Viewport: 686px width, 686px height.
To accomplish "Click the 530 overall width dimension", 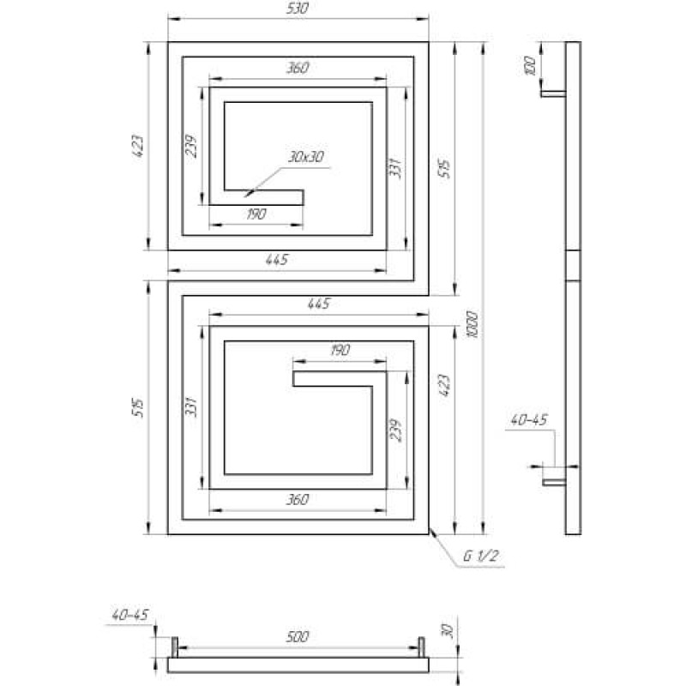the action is pyautogui.click(x=298, y=9).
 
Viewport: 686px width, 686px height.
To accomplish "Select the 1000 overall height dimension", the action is pyautogui.click(x=472, y=325).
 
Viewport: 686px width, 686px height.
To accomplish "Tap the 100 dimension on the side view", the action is pyautogui.click(x=529, y=66).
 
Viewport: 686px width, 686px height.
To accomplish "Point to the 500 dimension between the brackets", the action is pyautogui.click(x=298, y=636).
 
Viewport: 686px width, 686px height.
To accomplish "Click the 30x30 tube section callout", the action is pyautogui.click(x=306, y=157).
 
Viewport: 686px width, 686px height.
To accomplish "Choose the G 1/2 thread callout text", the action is pyautogui.click(x=481, y=556).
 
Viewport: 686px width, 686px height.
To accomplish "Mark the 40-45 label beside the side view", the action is pyautogui.click(x=529, y=420).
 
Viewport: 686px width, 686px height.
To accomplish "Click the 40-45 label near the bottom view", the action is pyautogui.click(x=130, y=615).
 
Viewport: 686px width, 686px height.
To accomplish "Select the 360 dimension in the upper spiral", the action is pyautogui.click(x=298, y=68).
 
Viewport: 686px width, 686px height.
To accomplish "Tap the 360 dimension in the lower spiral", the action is pyautogui.click(x=298, y=499).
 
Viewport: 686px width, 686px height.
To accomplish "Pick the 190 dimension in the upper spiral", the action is pyautogui.click(x=256, y=214).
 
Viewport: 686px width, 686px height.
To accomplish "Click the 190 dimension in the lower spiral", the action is pyautogui.click(x=340, y=350).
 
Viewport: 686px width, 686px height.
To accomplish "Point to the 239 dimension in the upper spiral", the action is pyautogui.click(x=191, y=146).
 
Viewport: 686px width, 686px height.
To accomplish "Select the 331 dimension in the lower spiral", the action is pyautogui.click(x=191, y=406).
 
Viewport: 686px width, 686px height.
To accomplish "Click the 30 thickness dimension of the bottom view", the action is pyautogui.click(x=448, y=630).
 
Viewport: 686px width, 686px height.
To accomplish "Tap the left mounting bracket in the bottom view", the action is pyautogui.click(x=175, y=647).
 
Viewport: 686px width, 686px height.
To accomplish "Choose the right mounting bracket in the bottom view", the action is pyautogui.click(x=421, y=647).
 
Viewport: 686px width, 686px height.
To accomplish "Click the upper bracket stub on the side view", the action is pyautogui.click(x=553, y=93).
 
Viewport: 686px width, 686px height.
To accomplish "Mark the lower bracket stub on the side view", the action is pyautogui.click(x=554, y=482).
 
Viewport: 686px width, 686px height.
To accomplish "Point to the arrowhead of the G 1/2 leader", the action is pyautogui.click(x=430, y=530).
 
